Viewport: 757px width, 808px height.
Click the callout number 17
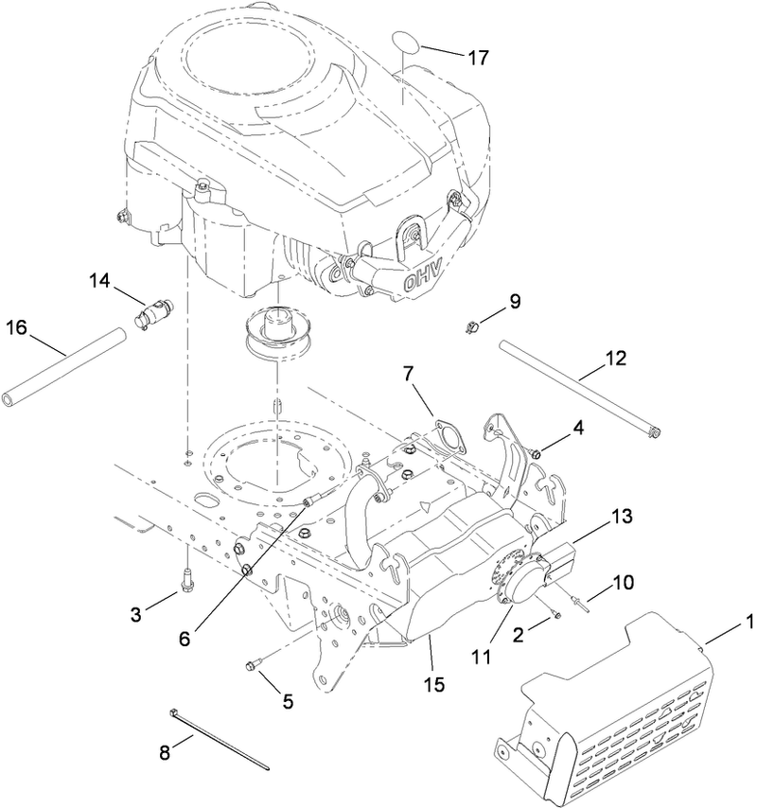click(477, 58)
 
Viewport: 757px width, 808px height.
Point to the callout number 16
click(17, 328)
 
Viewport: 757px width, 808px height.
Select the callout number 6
click(185, 638)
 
